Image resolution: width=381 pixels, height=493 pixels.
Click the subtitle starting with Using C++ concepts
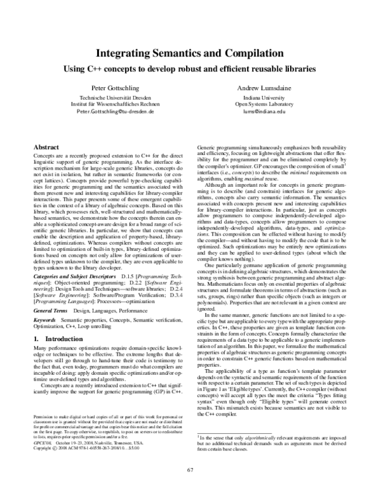click(x=190, y=69)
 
